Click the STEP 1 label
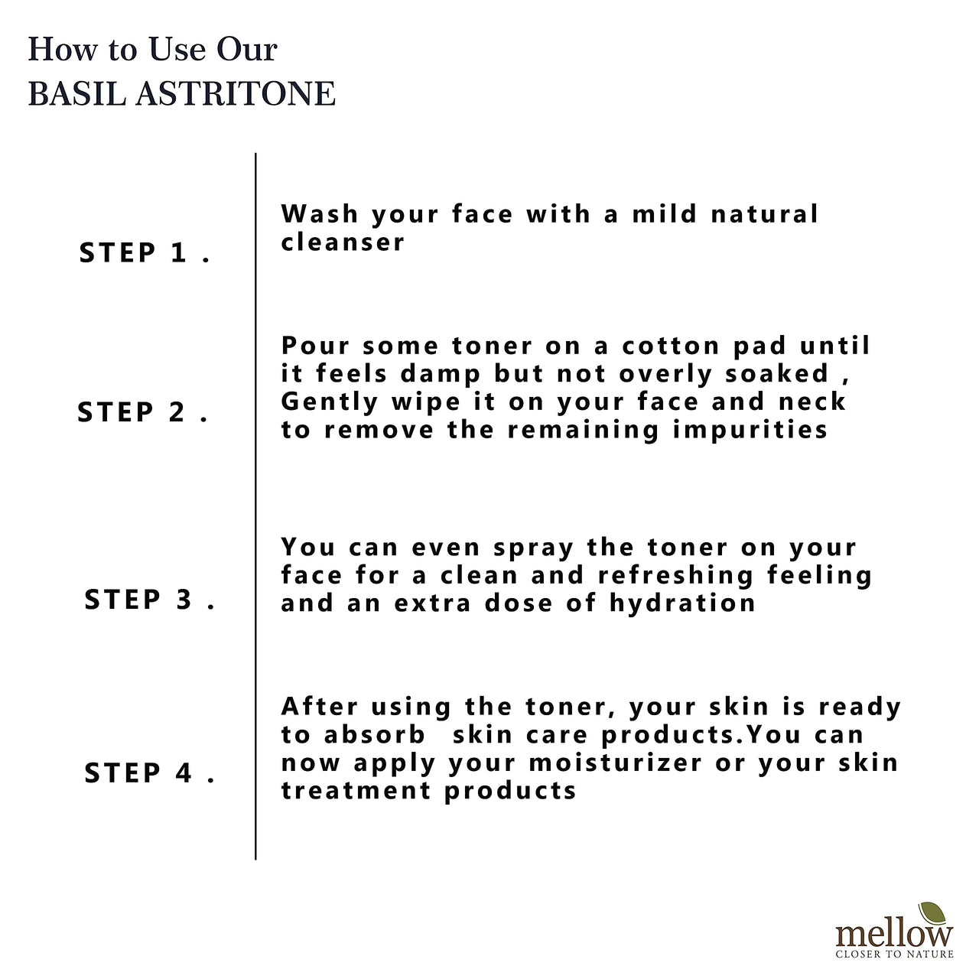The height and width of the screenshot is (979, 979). coord(144,253)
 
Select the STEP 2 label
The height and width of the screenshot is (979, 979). coord(142,413)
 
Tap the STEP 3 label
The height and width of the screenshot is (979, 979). coord(149,600)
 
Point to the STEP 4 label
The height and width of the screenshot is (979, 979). coord(149,773)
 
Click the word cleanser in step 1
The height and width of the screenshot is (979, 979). coord(343,242)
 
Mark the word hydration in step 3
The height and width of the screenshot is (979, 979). coord(682,603)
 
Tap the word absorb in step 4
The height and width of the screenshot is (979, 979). coord(374,735)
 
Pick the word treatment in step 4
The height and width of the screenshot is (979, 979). coord(356,791)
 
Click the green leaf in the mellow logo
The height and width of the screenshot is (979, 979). coord(932,914)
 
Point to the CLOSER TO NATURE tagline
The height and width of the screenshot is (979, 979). coord(894,954)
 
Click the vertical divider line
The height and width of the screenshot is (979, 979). coord(255,505)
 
